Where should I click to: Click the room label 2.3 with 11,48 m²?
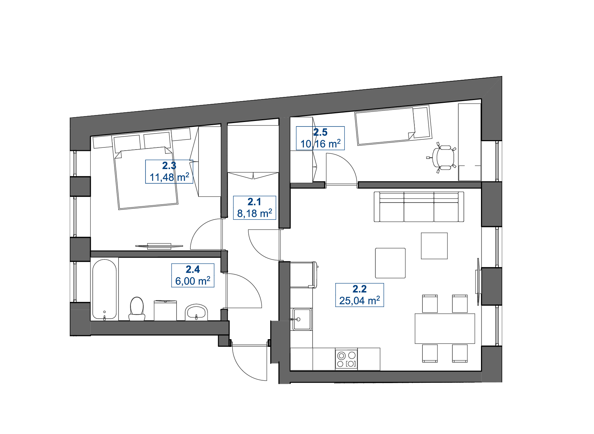[169, 172]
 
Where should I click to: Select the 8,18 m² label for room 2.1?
[255, 208]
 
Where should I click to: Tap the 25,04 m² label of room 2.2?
[360, 295]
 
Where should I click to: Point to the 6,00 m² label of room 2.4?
[193, 275]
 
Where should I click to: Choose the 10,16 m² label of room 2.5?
[320, 138]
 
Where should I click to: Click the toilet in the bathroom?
[137, 309]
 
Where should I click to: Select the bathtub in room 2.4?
[105, 290]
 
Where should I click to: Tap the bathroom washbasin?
[196, 312]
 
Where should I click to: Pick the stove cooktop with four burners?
[346, 359]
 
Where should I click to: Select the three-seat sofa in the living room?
[419, 207]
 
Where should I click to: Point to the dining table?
[445, 328]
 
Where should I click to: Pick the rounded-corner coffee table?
[390, 263]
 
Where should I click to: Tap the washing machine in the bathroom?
[165, 310]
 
